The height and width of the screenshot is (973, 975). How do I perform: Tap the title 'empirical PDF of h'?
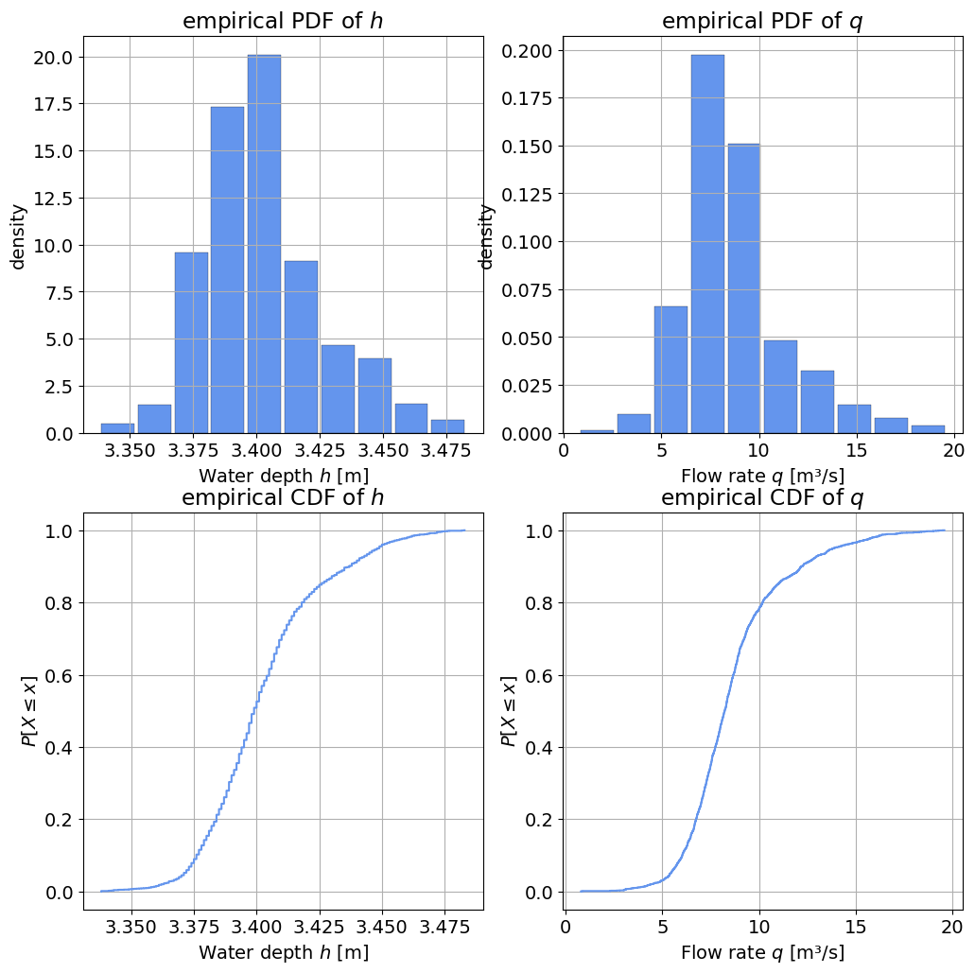(284, 21)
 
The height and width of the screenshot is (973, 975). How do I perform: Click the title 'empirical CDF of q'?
(762, 497)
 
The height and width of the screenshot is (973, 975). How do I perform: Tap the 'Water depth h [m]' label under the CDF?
(284, 952)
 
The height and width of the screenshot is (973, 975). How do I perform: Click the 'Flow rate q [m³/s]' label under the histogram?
(762, 475)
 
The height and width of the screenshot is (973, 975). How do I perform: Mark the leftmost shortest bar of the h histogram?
(117, 428)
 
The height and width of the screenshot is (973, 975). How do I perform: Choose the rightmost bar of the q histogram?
(928, 429)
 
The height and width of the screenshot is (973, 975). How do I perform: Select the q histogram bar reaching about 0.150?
(743, 288)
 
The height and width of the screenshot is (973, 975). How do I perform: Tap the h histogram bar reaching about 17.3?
(227, 269)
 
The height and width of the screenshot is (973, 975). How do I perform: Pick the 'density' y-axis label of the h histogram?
(19, 235)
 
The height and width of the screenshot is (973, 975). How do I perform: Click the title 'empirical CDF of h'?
(284, 497)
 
